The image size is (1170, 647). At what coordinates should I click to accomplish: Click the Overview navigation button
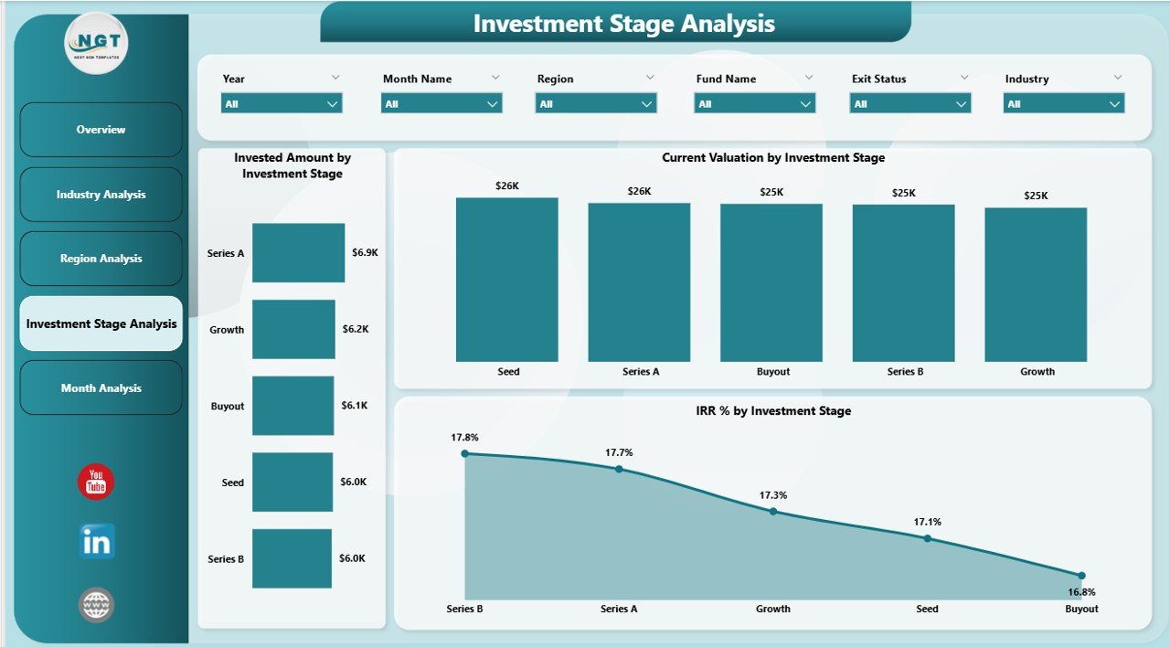coord(101,130)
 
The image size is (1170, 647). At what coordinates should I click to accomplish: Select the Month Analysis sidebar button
coord(101,388)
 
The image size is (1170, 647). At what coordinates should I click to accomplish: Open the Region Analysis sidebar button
coord(101,259)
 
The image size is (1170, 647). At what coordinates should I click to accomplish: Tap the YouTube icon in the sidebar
coord(96,483)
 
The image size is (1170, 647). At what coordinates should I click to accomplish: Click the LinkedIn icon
coord(96,542)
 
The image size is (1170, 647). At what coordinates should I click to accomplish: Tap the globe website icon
coord(96,604)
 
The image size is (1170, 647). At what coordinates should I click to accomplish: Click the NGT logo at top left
coord(97,42)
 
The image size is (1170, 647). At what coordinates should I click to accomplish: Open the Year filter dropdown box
coord(282,104)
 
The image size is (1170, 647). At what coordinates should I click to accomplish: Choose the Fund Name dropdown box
coord(754,104)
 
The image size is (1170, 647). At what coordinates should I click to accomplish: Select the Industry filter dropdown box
coord(1064,104)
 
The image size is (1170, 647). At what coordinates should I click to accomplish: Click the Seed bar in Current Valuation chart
coord(507,279)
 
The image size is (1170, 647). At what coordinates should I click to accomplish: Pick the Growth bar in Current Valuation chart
coord(1036,284)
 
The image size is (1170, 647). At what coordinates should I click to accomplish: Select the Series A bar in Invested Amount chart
coord(299,253)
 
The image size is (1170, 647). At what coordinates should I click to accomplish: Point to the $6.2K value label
coord(356,328)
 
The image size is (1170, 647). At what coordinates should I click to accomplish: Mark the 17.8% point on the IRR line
coord(464,453)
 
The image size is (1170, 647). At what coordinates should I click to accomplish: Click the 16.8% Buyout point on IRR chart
coord(1081,576)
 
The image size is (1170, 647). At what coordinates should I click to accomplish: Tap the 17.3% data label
coord(772,495)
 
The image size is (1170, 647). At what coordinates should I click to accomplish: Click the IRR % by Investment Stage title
coord(772,411)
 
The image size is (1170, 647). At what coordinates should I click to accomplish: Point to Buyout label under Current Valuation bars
coord(772,372)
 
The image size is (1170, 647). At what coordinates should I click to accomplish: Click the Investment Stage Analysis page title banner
coord(623,24)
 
